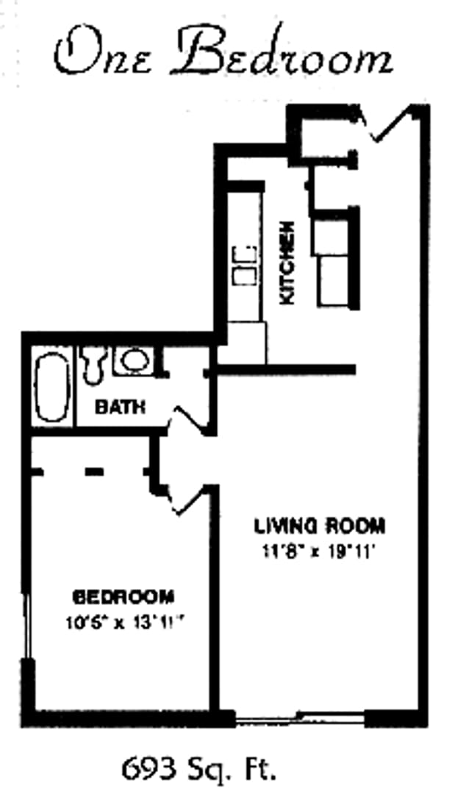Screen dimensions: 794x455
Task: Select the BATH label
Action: tap(120, 407)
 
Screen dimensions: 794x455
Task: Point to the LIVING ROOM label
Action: tap(319, 526)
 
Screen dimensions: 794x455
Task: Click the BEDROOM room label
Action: tap(123, 595)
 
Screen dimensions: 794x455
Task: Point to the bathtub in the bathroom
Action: tap(53, 387)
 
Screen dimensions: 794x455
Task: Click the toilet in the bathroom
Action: tap(93, 363)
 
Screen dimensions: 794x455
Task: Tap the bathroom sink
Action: tap(133, 360)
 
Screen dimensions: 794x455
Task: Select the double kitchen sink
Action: tap(245, 265)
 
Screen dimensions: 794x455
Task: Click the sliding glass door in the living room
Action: tap(299, 718)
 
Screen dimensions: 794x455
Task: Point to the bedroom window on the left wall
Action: tap(28, 625)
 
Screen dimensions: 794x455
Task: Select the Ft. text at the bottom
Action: tap(261, 770)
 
